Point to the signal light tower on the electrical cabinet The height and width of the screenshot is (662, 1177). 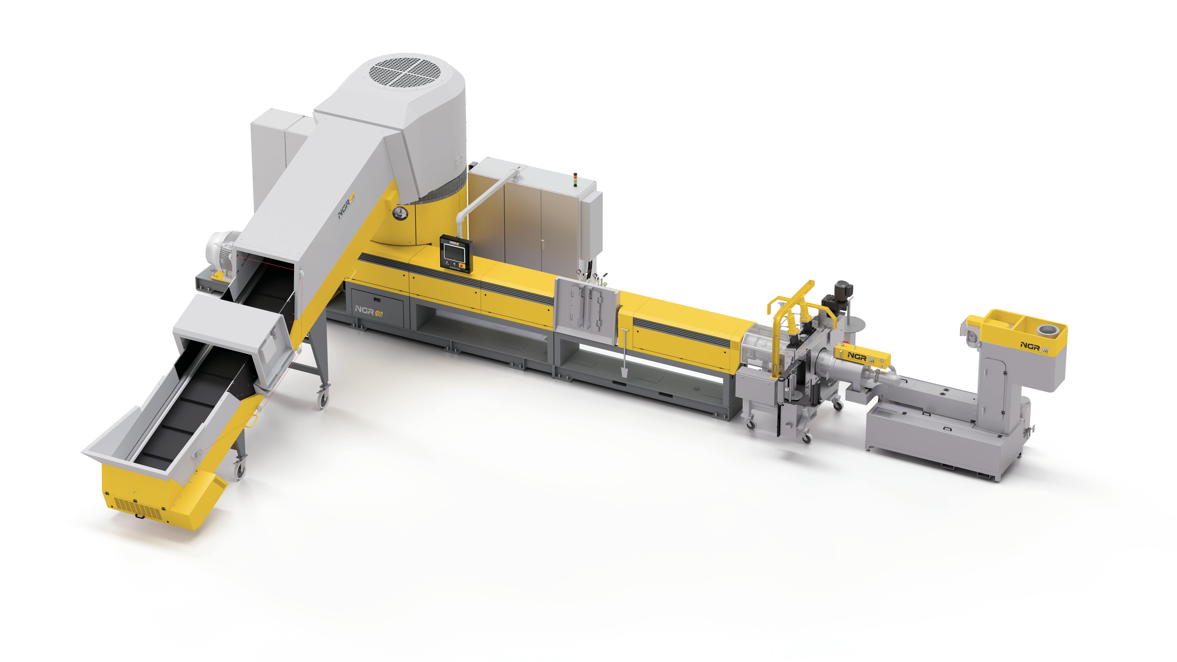(575, 179)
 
